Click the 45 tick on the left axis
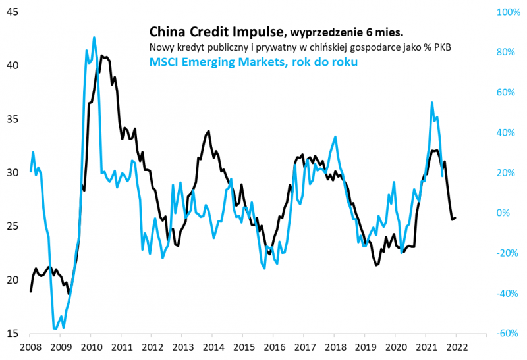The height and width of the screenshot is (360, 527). [12, 12]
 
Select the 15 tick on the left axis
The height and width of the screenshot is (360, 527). [12, 334]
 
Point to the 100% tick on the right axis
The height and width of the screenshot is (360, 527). [507, 12]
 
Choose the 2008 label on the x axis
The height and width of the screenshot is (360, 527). [30, 347]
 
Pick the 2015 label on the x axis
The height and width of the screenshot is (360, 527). [243, 347]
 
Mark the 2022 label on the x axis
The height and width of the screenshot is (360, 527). [456, 347]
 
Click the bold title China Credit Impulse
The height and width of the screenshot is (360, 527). [218, 31]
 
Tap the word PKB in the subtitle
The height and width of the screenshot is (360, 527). [441, 47]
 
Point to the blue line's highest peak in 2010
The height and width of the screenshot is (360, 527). [94, 38]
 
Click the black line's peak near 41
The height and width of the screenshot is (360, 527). [101, 57]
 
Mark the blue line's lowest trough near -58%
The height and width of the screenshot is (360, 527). [55, 328]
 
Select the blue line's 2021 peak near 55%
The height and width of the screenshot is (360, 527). [431, 103]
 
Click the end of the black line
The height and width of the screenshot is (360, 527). [456, 218]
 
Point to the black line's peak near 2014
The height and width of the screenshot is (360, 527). [208, 131]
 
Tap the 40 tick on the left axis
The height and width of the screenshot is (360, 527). [12, 65]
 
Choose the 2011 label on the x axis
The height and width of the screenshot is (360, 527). [121, 347]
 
